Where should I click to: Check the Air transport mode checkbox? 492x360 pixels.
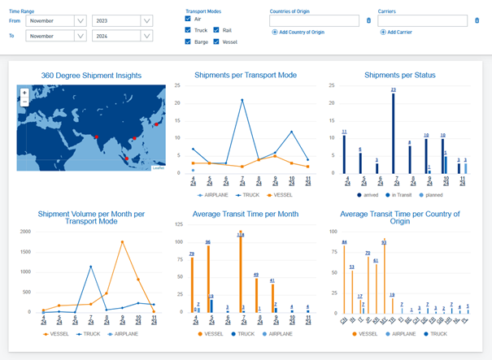coord(189,18)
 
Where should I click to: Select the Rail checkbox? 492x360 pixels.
coord(218,29)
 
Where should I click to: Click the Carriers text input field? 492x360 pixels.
coord(423,20)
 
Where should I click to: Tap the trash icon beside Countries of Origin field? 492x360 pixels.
coord(368,20)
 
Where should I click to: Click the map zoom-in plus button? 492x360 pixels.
coord(25,93)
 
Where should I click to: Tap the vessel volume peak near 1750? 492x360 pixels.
coord(122,241)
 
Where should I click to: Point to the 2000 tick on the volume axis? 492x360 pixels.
coord(28,231)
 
